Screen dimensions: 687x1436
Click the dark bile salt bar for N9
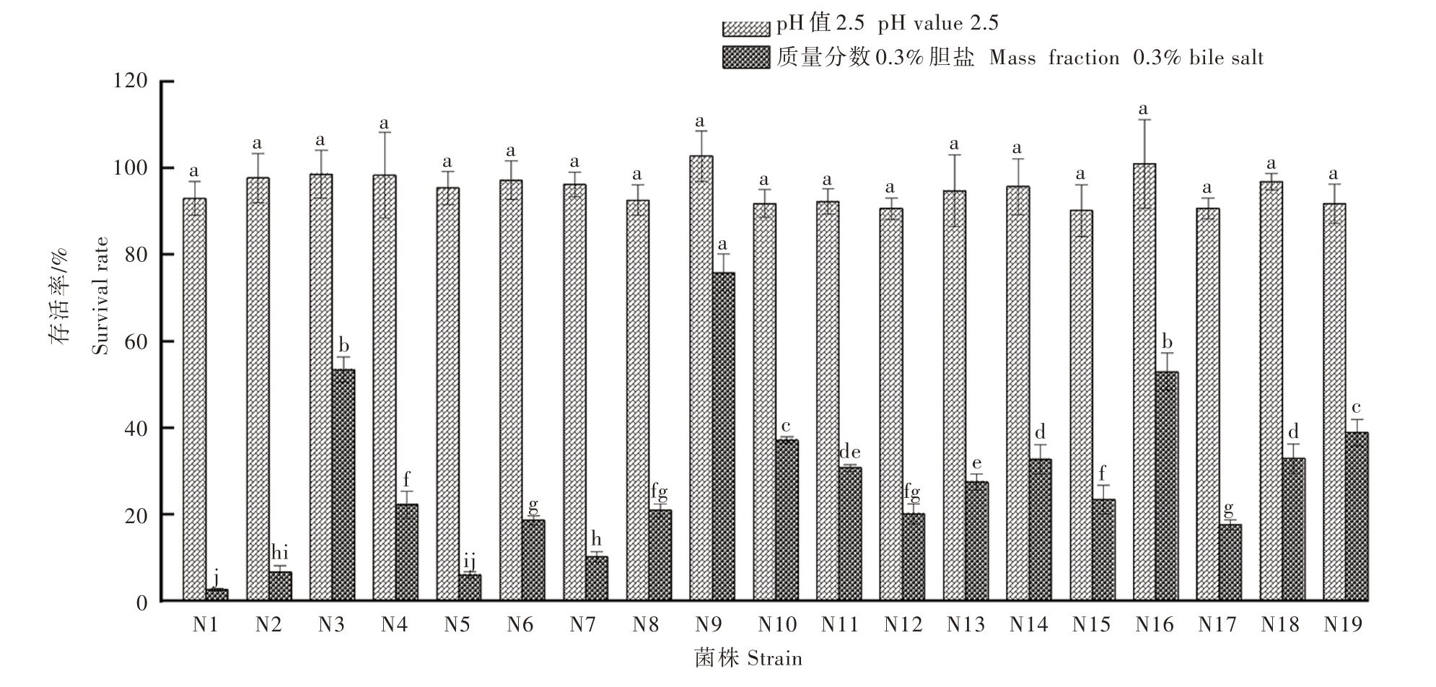point(723,437)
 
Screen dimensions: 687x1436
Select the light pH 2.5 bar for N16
point(1144,382)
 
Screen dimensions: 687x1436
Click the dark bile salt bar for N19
point(1357,517)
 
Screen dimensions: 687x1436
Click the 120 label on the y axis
point(131,82)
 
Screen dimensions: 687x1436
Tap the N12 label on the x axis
point(902,625)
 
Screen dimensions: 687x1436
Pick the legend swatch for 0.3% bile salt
point(745,58)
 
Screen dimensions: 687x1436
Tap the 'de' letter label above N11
point(849,452)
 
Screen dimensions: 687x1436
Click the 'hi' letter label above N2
point(279,553)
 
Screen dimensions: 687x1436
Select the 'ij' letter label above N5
point(469,560)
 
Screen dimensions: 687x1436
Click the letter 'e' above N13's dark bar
point(976,464)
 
